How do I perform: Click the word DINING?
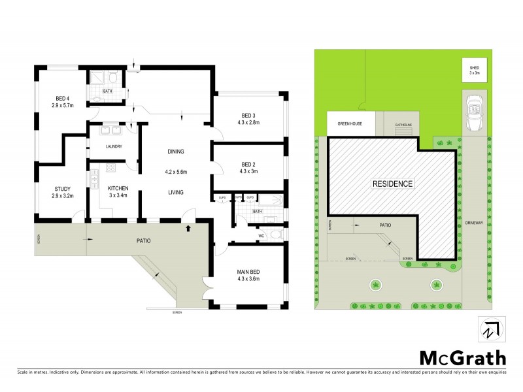[176, 151]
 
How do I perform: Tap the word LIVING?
[175, 192]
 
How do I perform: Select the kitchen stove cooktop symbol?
[111, 167]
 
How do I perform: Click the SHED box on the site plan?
[475, 70]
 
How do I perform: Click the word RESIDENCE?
[392, 184]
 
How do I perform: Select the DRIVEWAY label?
[473, 222]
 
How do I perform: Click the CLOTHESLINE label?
[401, 124]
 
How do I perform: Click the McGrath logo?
[462, 357]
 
